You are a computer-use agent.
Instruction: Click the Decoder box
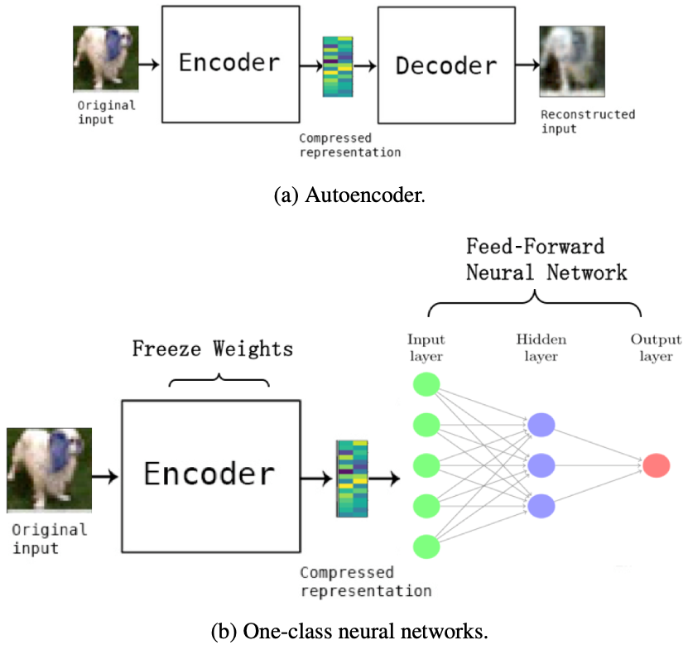pos(445,65)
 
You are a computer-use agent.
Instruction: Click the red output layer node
pos(656,464)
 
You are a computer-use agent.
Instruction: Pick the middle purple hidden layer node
pos(541,464)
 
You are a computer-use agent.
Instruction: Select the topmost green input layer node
pos(426,385)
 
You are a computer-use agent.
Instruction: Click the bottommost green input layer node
pos(426,546)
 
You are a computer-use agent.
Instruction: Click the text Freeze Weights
pos(213,349)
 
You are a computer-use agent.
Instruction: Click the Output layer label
pos(656,348)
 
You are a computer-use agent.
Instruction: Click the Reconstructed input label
pos(576,122)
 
